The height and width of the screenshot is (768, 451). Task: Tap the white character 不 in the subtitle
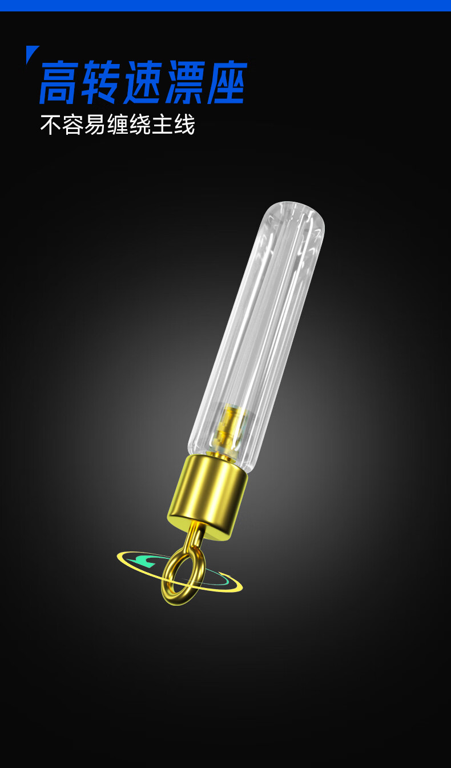pos(51,125)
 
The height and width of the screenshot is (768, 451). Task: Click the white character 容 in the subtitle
pos(73,125)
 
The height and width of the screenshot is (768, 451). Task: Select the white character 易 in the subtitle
pos(95,125)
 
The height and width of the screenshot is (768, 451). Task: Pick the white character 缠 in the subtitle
pos(118,125)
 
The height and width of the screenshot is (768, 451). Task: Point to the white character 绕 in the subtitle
pos(140,125)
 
